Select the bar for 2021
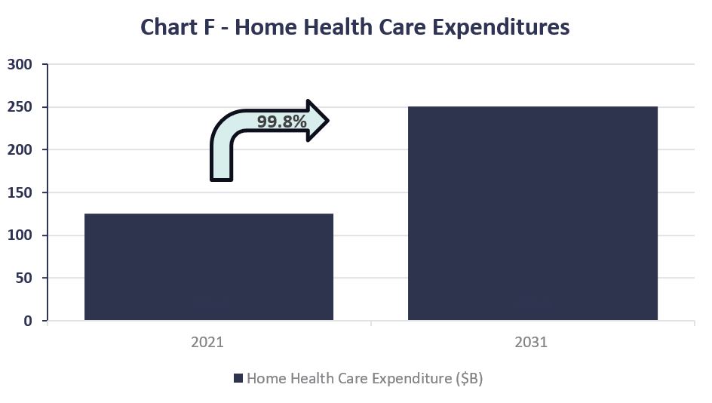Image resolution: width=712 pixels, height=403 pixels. pyautogui.click(x=209, y=267)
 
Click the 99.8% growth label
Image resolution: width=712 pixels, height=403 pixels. pyautogui.click(x=281, y=121)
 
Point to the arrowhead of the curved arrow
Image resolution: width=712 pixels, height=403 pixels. pyautogui.click(x=318, y=120)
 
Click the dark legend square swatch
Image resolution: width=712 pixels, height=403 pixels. pyautogui.click(x=238, y=379)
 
